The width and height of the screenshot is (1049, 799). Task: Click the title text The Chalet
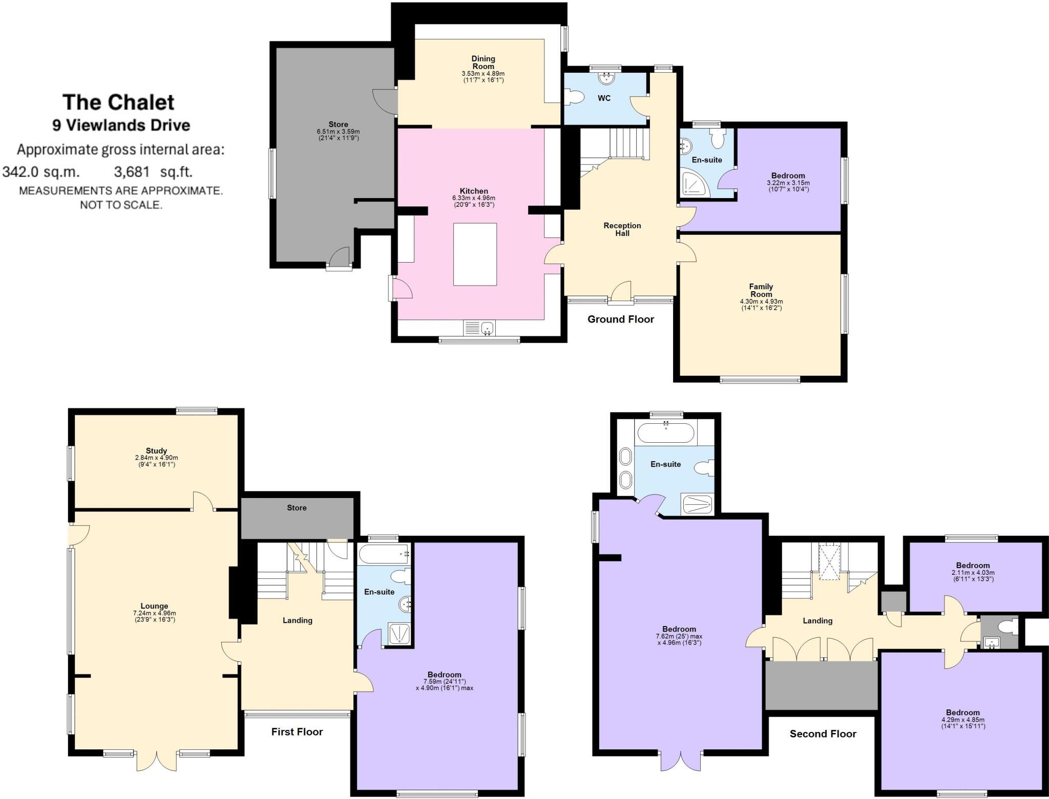pyautogui.click(x=118, y=102)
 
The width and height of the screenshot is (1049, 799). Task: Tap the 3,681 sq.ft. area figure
pyautogui.click(x=153, y=172)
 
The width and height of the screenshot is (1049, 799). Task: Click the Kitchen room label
pyautogui.click(x=473, y=191)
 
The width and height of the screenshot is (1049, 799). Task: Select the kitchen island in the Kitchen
pyautogui.click(x=475, y=254)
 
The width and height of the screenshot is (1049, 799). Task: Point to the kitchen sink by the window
pyautogui.click(x=479, y=328)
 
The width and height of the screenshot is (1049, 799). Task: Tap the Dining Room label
pyautogui.click(x=483, y=62)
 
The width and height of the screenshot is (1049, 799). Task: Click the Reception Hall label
pyautogui.click(x=622, y=229)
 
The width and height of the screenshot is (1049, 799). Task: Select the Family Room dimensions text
pyautogui.click(x=761, y=305)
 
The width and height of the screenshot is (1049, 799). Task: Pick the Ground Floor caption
pyautogui.click(x=620, y=319)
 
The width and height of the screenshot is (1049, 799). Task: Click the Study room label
pyautogui.click(x=156, y=451)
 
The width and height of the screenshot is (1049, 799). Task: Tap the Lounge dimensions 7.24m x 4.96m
pyautogui.click(x=154, y=613)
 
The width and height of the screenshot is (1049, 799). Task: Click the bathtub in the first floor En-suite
pyautogui.click(x=384, y=554)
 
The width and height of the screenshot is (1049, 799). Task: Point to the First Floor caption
pyautogui.click(x=297, y=732)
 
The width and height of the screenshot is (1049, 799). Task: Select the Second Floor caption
pyautogui.click(x=823, y=734)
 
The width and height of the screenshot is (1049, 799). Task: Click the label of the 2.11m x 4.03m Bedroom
pyautogui.click(x=972, y=566)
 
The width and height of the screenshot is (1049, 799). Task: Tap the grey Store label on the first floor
pyautogui.click(x=297, y=508)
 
